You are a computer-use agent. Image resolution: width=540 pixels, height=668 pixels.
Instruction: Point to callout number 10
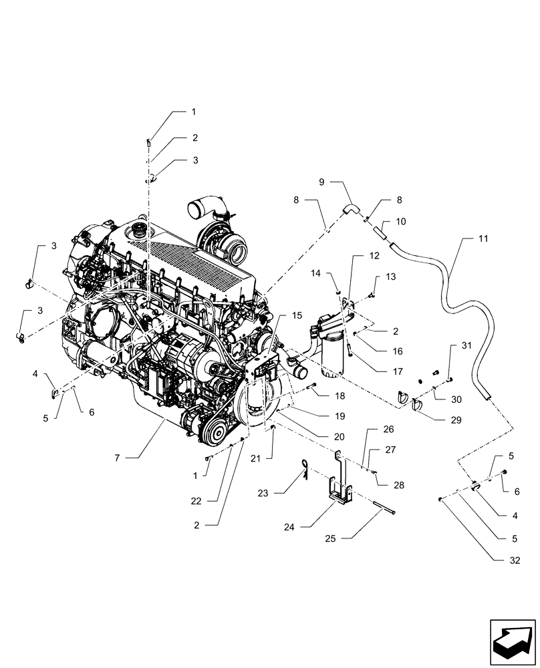tap(400, 221)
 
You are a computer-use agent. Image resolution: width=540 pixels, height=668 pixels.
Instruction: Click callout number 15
tap(296, 315)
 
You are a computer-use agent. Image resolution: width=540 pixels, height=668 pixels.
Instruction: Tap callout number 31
tap(466, 345)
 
